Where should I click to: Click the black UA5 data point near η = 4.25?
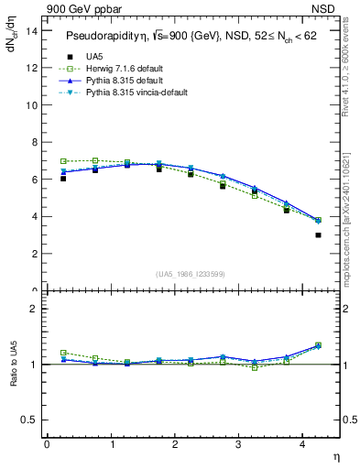[x=319, y=235]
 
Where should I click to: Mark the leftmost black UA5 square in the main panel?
[x=63, y=179]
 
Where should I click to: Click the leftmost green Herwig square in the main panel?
[x=63, y=161]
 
